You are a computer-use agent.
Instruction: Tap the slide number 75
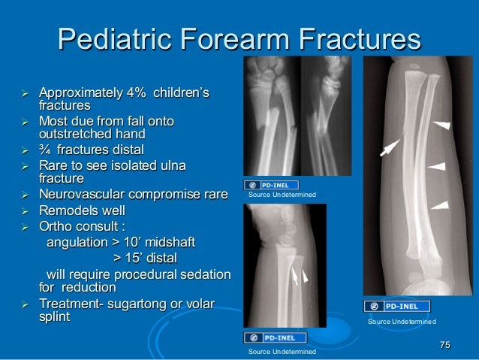[444, 344]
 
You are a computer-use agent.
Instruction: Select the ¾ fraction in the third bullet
[46, 149]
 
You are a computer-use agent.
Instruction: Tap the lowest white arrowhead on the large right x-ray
[441, 204]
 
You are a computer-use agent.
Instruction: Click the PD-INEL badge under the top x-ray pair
[272, 185]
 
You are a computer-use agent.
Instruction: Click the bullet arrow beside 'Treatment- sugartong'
[24, 304]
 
